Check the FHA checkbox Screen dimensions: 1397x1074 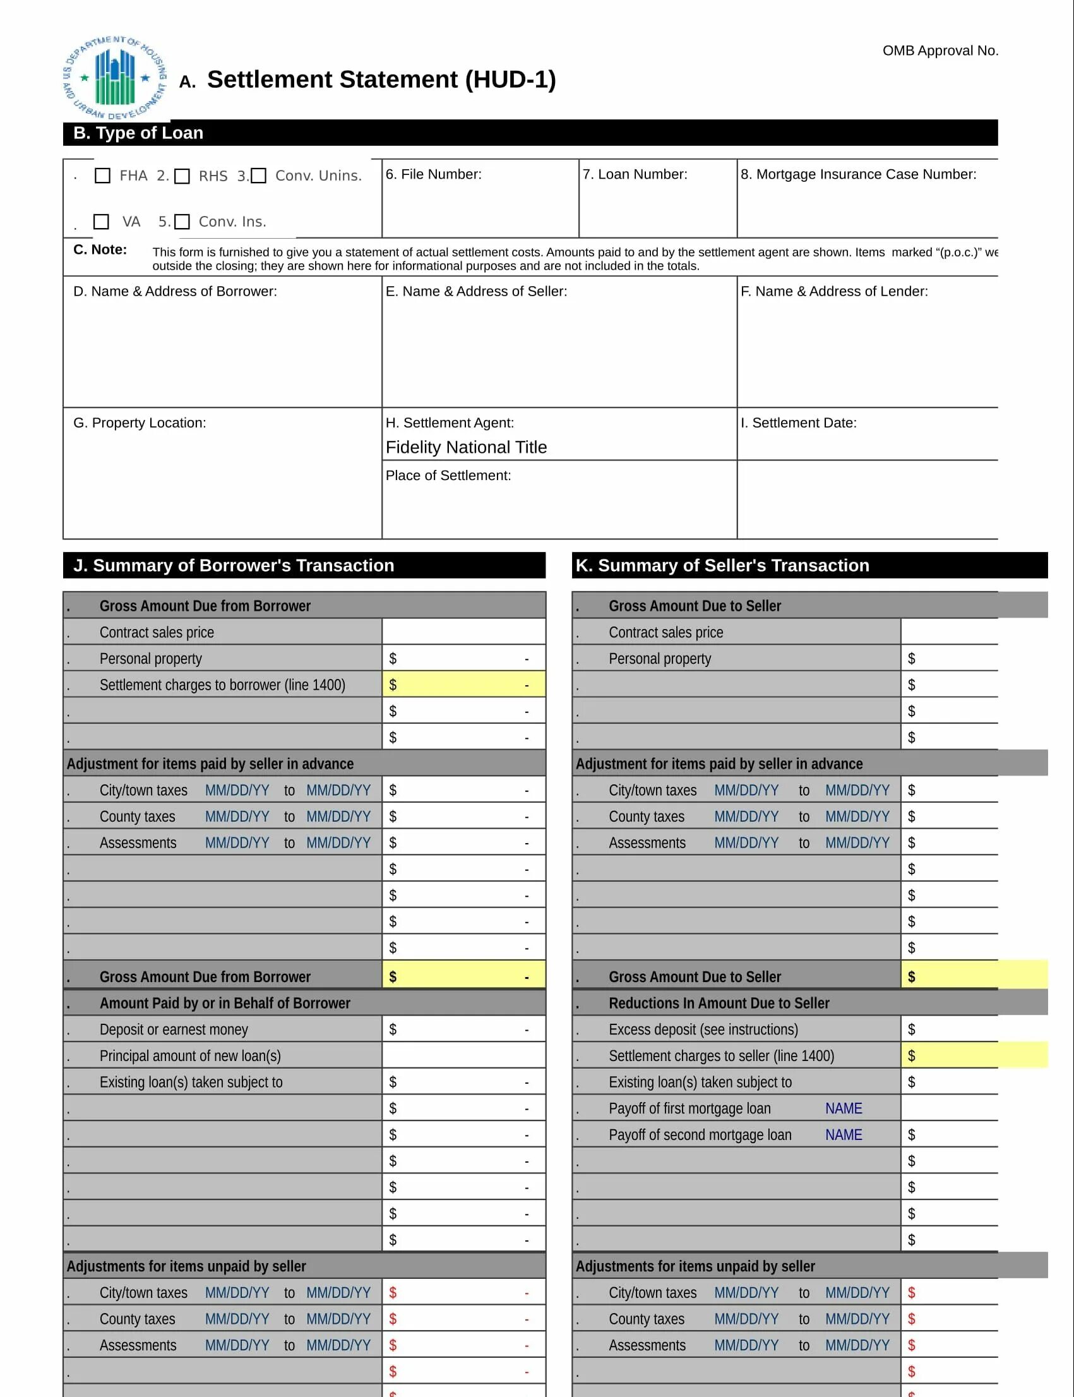point(102,176)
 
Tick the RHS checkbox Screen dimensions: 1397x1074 point(182,176)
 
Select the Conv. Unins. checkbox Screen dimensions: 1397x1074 point(258,176)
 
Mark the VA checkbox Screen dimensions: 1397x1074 point(101,222)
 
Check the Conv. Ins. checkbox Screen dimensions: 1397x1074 point(182,222)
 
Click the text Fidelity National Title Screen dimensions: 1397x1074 point(466,447)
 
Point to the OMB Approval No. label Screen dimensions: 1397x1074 point(940,51)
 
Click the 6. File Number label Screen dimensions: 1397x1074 point(433,174)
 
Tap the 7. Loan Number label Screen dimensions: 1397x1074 point(634,174)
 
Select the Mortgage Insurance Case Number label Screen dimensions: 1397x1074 point(858,174)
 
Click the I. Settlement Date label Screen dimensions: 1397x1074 point(798,423)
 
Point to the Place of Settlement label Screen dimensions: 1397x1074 point(448,475)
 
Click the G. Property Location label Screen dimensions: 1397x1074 point(140,423)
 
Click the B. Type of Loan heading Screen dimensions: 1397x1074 point(138,133)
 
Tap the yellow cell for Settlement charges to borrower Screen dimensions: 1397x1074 point(463,684)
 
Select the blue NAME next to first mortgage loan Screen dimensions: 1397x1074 point(843,1108)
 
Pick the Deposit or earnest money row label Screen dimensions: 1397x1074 point(173,1029)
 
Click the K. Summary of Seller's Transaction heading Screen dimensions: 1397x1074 point(722,565)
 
